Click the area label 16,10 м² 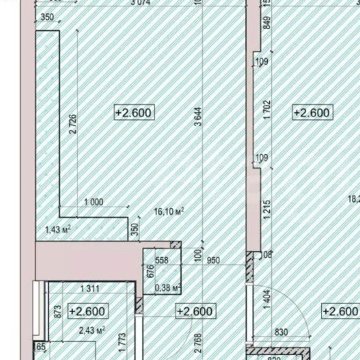pos(169,212)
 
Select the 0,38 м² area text pos(168,289)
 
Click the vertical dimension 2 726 pos(72,127)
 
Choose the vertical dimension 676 pos(151,272)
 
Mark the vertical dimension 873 pos(57,312)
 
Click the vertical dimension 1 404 pos(266,300)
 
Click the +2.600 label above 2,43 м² pos(87,312)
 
